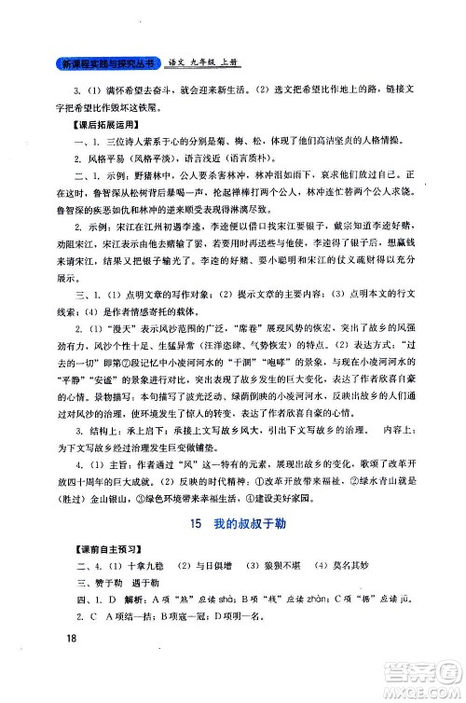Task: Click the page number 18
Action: pyautogui.click(x=64, y=664)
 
